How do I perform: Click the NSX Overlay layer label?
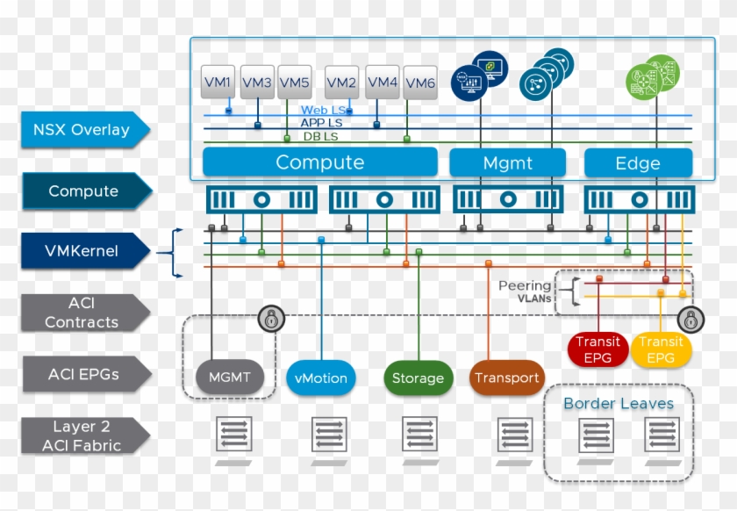(x=82, y=130)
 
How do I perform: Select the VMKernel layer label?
(x=82, y=251)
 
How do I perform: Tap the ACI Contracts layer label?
(x=82, y=313)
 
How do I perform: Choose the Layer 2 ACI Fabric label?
(x=82, y=435)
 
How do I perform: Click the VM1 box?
(x=218, y=83)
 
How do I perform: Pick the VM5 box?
(x=294, y=83)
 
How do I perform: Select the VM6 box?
(x=419, y=83)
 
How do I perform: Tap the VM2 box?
(x=341, y=83)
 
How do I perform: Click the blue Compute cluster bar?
(x=319, y=162)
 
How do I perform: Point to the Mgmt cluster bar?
(x=508, y=163)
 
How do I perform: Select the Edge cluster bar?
(x=638, y=163)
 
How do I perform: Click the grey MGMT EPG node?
(x=230, y=378)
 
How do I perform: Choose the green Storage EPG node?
(x=418, y=378)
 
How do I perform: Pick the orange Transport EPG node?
(x=506, y=378)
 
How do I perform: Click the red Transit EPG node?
(x=597, y=349)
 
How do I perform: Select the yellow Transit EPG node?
(x=661, y=349)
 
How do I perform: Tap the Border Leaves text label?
(x=619, y=404)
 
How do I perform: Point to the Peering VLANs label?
(x=525, y=291)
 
